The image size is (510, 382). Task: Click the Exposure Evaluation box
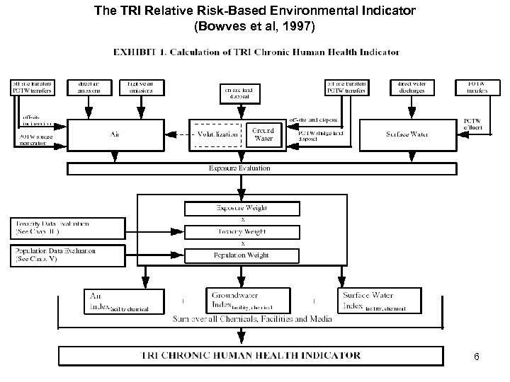click(x=239, y=168)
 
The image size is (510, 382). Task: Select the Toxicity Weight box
click(x=242, y=231)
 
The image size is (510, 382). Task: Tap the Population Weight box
click(x=242, y=255)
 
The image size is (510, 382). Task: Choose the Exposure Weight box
click(x=242, y=208)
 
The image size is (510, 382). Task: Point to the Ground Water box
click(x=263, y=134)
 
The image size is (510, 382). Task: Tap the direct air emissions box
click(x=90, y=87)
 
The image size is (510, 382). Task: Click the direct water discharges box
click(x=412, y=87)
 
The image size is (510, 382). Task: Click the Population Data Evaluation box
click(x=64, y=255)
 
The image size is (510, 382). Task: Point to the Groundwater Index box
click(x=241, y=299)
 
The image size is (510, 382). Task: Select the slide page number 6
click(x=476, y=357)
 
